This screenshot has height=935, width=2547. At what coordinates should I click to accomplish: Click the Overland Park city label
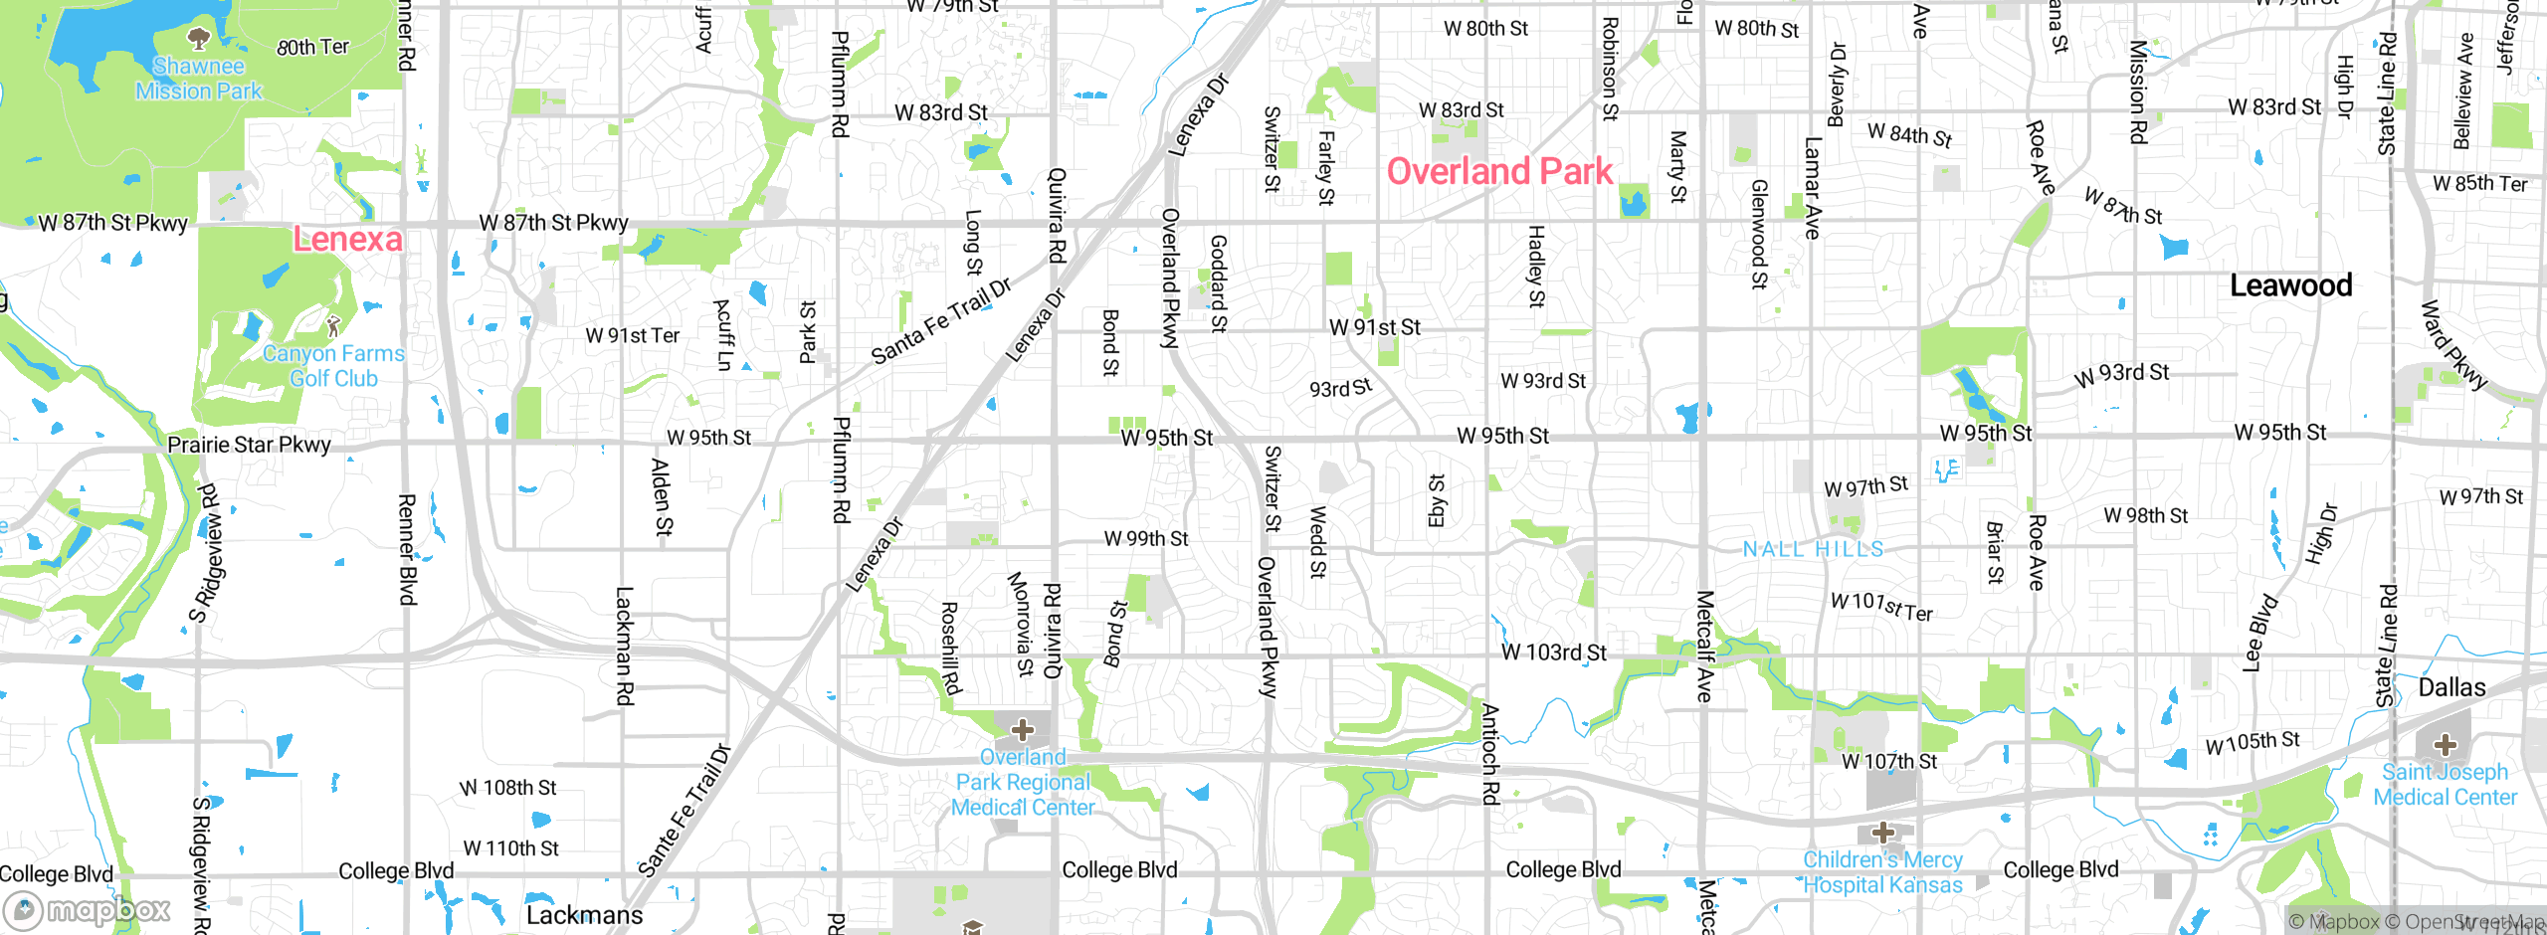tap(1499, 172)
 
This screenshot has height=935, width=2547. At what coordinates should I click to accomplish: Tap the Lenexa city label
tap(347, 239)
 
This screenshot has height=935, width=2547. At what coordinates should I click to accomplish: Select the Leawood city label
tap(2290, 285)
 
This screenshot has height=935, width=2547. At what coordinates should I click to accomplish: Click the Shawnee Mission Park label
tap(199, 79)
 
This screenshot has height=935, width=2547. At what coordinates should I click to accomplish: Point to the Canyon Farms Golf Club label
tap(333, 366)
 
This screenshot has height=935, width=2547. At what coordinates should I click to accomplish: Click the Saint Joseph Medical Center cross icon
tap(2445, 744)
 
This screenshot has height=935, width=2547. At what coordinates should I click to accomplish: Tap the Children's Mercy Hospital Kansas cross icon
tap(1882, 832)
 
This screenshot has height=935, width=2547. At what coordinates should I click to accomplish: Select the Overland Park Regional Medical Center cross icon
tap(1022, 730)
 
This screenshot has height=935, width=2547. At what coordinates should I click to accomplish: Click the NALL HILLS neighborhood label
tap(1813, 549)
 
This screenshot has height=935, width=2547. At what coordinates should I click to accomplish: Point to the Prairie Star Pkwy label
tap(249, 445)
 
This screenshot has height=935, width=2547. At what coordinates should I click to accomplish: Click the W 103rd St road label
tap(1553, 653)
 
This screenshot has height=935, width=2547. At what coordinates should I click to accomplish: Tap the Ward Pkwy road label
tap(2452, 344)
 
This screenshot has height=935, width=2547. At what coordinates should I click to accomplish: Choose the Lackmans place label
tap(584, 915)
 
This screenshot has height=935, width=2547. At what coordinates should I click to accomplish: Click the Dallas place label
tap(2451, 687)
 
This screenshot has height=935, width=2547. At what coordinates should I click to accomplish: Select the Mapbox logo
tap(88, 909)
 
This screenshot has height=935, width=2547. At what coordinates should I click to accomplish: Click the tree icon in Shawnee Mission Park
tap(199, 39)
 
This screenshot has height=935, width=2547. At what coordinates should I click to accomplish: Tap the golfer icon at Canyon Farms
tap(333, 325)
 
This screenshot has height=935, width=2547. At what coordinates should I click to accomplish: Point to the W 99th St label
tap(1146, 539)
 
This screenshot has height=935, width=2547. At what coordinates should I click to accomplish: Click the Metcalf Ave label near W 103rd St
tap(1704, 647)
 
